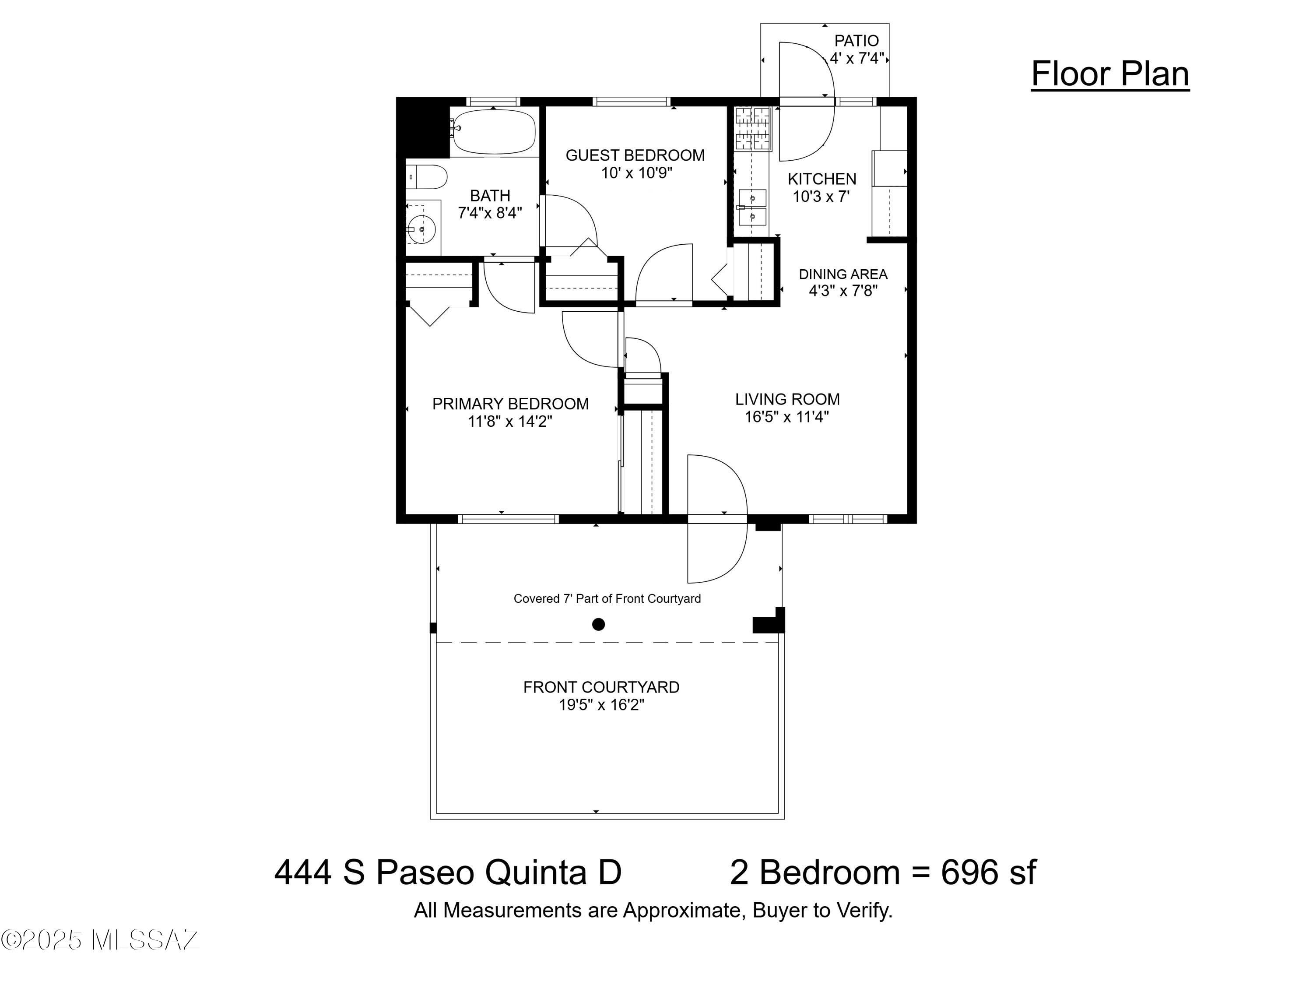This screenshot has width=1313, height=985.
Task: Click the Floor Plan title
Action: (1110, 75)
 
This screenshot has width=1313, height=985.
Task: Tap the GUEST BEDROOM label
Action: (635, 155)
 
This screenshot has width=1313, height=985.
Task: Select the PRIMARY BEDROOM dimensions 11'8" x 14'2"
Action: (510, 422)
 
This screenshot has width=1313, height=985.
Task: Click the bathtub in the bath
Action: (494, 131)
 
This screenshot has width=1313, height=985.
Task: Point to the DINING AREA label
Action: (843, 274)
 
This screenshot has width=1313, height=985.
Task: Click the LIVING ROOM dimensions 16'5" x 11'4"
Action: (787, 417)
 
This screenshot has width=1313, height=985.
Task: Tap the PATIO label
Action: (857, 41)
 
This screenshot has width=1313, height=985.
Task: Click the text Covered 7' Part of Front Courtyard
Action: (607, 599)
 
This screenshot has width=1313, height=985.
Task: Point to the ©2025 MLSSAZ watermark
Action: (100, 940)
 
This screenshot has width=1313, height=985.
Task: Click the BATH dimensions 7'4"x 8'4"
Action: (490, 213)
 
